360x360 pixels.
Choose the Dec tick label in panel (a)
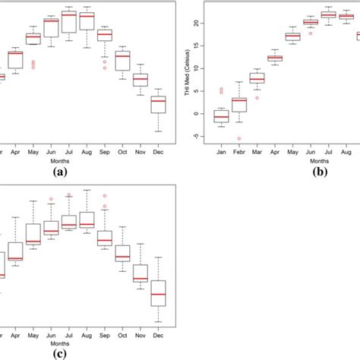[x=157, y=150]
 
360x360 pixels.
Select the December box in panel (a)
[x=157, y=104]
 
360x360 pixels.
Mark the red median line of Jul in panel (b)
[x=328, y=14]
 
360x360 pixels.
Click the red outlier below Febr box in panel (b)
[x=238, y=138]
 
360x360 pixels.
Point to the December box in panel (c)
[x=157, y=293]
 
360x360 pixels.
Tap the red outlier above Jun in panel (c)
[x=51, y=199]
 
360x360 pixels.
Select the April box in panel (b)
[x=274, y=58]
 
